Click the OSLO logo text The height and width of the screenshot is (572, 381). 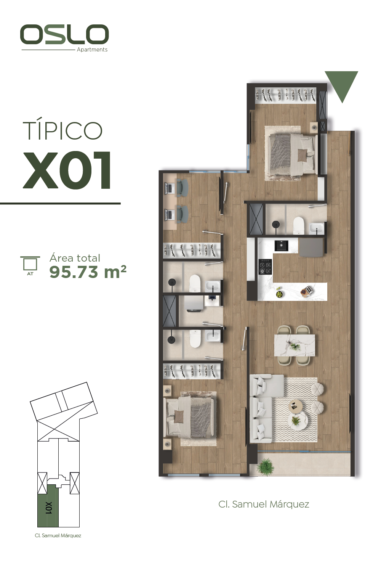(x=64, y=34)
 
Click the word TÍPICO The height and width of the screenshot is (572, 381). (x=62, y=130)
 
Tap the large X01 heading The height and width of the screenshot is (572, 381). (x=67, y=170)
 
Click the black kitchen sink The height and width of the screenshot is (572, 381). (x=281, y=246)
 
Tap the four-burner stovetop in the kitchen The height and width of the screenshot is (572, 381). (x=266, y=267)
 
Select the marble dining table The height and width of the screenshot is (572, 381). (x=295, y=345)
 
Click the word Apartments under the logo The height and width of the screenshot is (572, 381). (x=92, y=50)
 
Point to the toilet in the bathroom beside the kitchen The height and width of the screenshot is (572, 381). (x=299, y=225)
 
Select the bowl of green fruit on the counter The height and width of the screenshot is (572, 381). (x=279, y=294)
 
